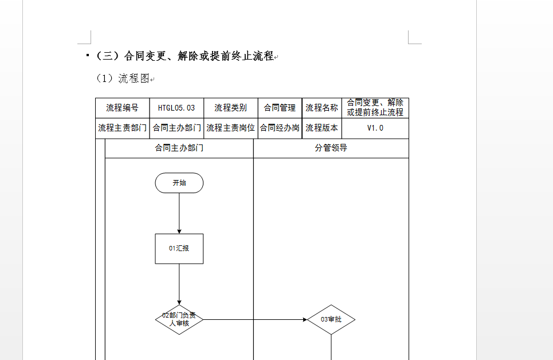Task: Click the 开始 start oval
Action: pos(179,183)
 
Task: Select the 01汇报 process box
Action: pos(179,248)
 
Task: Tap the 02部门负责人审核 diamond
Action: pos(179,319)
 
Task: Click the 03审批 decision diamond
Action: pos(331,319)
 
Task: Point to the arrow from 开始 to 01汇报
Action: pos(179,213)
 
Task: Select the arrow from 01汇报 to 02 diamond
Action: pos(179,284)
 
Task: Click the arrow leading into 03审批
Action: pos(255,320)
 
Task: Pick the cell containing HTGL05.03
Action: pos(177,108)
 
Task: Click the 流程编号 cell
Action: pos(123,108)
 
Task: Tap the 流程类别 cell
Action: pos(230,108)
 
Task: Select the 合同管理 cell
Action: pos(280,108)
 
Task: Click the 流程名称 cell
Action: pos(321,108)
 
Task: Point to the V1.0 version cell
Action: pos(375,128)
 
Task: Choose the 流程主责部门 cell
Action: pos(123,128)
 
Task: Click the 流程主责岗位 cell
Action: pos(230,128)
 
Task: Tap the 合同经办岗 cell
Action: pos(280,128)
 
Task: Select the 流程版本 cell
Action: pos(321,128)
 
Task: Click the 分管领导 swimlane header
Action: pos(331,148)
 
